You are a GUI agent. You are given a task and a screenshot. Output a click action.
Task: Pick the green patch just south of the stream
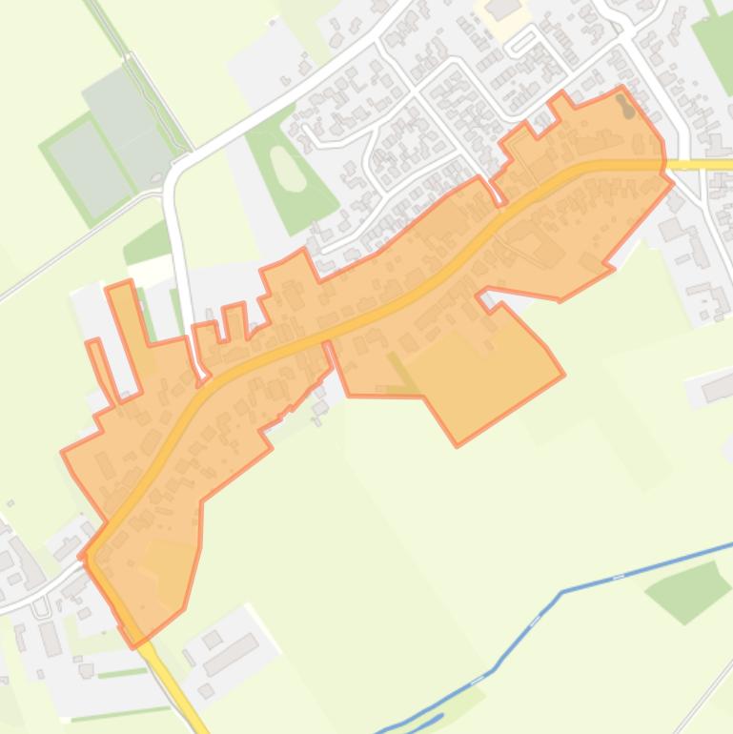687,590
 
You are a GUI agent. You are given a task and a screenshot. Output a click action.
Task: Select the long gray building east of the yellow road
229,654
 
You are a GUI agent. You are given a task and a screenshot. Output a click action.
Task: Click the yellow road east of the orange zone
701,165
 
